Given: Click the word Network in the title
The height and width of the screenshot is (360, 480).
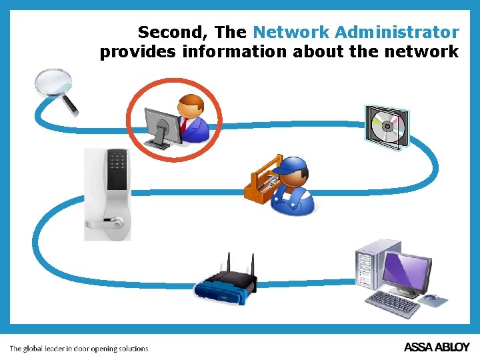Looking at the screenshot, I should pyautogui.click(x=291, y=32).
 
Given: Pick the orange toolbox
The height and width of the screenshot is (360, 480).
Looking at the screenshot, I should pyautogui.click(x=261, y=181).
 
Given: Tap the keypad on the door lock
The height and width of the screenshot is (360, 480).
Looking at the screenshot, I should pyautogui.click(x=118, y=161).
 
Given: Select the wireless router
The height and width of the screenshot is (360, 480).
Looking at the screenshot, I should pyautogui.click(x=225, y=283).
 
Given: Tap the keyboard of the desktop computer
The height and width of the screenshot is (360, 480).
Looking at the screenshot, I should pyautogui.click(x=393, y=303).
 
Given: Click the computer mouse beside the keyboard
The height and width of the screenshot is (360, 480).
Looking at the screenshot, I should pyautogui.click(x=431, y=297).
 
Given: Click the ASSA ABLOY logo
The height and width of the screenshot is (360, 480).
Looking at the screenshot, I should pyautogui.click(x=437, y=347).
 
